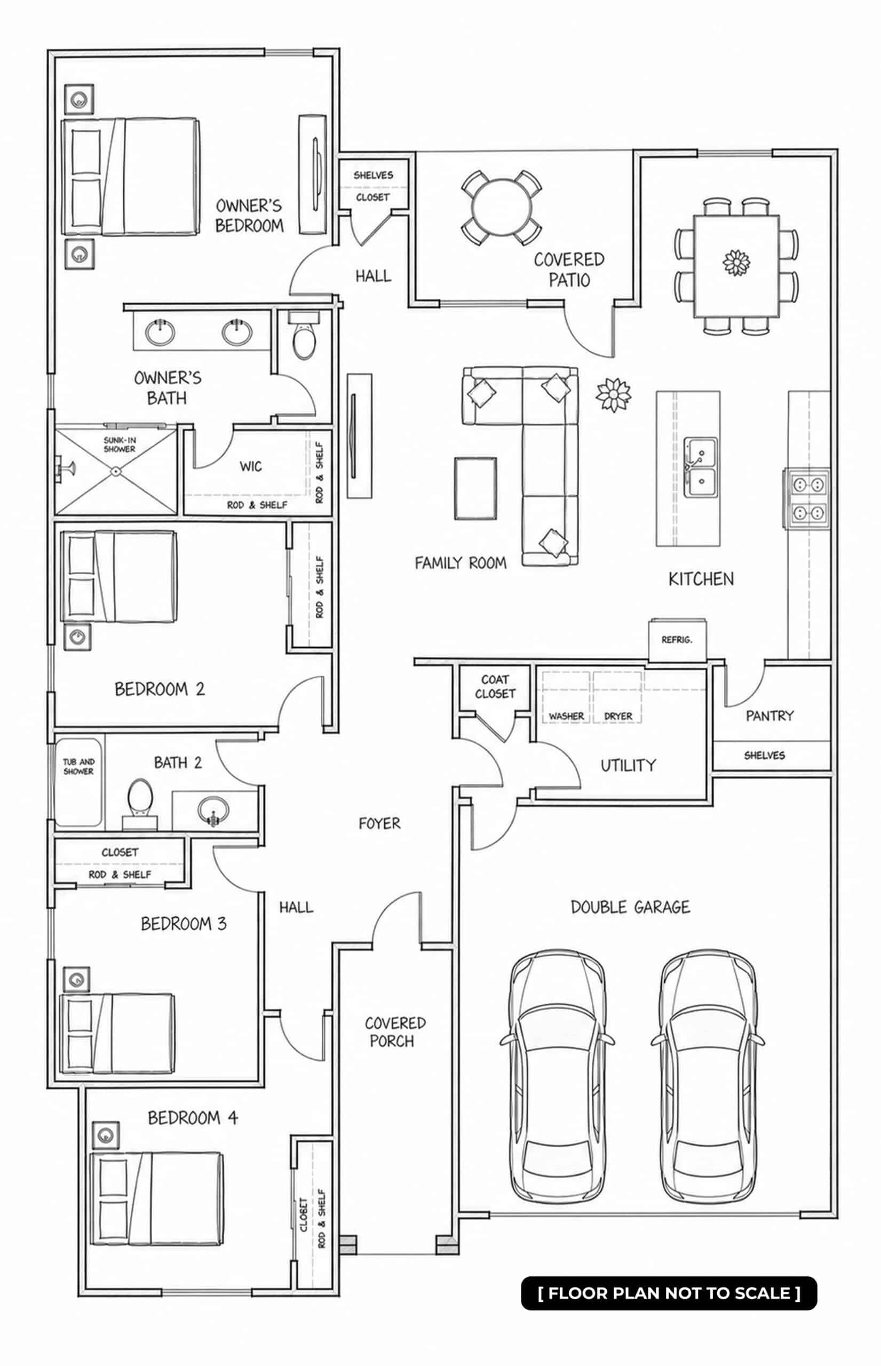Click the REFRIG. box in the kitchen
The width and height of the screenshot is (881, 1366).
point(677,640)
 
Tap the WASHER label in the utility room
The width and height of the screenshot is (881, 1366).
point(566,716)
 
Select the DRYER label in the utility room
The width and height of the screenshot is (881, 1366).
point(618,716)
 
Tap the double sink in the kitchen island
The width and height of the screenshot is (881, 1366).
point(701,467)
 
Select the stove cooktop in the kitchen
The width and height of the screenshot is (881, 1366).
point(807,498)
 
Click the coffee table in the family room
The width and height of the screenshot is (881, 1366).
point(475,488)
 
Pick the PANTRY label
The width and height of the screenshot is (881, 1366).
point(769,716)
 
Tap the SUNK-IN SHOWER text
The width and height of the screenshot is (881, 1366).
point(120,444)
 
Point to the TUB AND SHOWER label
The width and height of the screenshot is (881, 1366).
point(78,767)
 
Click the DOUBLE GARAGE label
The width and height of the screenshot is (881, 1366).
point(630,907)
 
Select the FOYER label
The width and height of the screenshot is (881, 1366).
point(379,823)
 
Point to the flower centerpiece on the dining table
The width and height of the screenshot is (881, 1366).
point(736,263)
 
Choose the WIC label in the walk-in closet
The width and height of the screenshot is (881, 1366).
point(251,466)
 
